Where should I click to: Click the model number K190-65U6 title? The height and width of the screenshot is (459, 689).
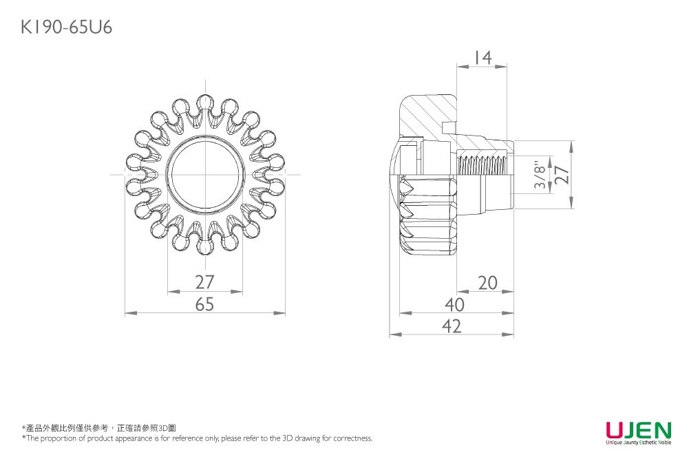point(67,28)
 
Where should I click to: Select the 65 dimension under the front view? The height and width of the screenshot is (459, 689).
point(204,304)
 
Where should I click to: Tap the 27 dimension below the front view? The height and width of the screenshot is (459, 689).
point(204,282)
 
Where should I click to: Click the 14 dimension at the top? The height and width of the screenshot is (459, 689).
point(483,58)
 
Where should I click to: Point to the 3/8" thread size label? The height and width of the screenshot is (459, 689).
point(542,176)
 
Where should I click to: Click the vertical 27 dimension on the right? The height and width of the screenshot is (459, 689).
point(562,174)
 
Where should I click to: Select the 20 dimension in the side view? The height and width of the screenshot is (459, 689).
point(487,283)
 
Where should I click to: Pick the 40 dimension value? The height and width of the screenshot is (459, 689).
point(454,304)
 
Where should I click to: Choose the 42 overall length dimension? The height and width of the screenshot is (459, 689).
point(452,325)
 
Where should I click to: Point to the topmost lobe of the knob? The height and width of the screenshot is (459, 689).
point(205,103)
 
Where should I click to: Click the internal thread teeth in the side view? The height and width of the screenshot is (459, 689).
point(481,164)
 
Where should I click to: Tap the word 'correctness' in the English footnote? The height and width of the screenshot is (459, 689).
point(352,438)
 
